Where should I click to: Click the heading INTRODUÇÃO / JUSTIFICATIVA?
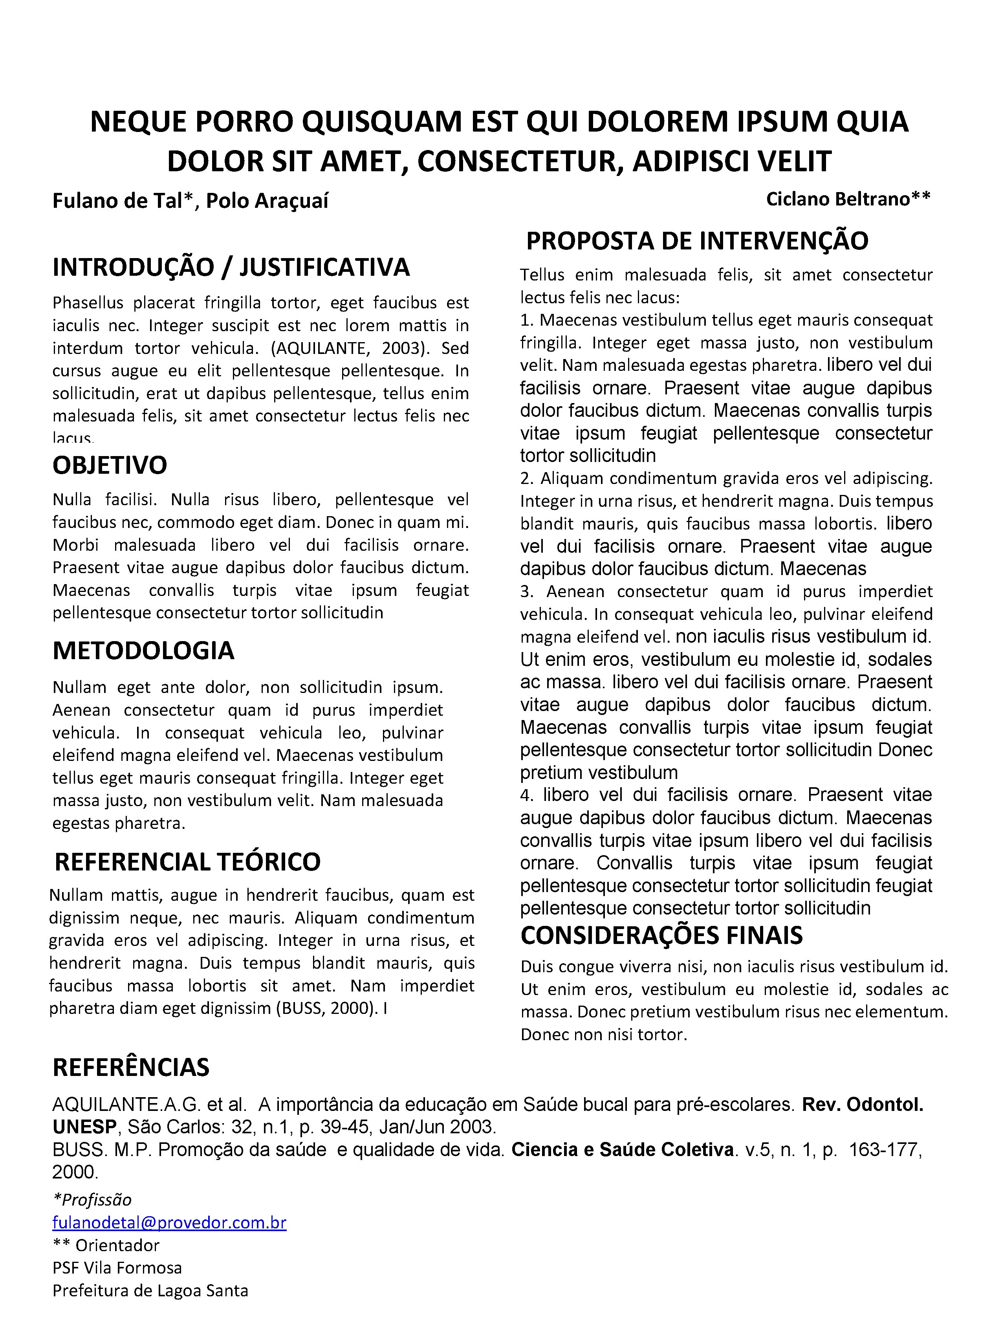[231, 268]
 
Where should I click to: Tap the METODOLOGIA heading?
[143, 651]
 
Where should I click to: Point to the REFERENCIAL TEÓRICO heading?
[187, 862]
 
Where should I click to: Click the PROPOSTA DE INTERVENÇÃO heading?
[697, 241]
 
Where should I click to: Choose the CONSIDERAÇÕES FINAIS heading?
[661, 935]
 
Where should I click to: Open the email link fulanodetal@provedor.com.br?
[169, 1222]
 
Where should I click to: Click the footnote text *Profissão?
[92, 1200]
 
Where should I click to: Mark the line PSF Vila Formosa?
[117, 1268]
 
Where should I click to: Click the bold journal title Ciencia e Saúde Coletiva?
[623, 1149]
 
